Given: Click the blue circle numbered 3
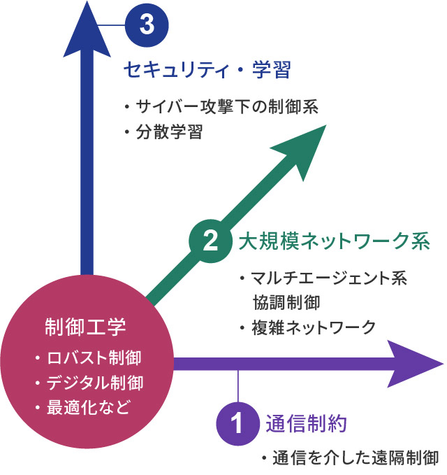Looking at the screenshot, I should (x=147, y=25).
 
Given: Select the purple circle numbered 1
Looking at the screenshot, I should (x=238, y=423).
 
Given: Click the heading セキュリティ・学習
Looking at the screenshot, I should (x=207, y=70).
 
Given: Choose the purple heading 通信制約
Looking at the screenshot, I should (x=307, y=423).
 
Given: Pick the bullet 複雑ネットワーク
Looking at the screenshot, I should (x=313, y=327).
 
